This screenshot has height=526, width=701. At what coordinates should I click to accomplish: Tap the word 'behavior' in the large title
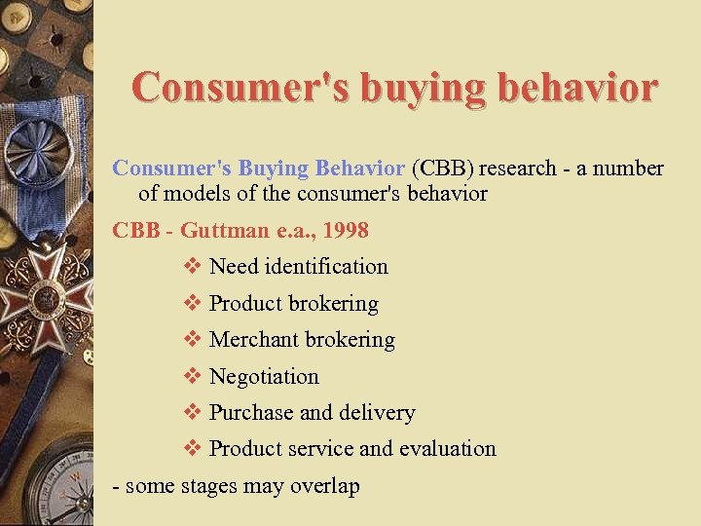coord(578,87)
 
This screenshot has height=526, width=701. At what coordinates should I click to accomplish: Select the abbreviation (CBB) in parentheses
coord(443,169)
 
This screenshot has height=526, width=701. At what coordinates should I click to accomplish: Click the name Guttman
coord(227,230)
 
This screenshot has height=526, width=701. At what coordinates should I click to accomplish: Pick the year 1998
coord(346,230)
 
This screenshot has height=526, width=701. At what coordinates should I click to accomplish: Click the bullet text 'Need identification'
coord(298,267)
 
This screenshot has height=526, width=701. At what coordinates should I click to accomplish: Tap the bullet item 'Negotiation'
coord(264,376)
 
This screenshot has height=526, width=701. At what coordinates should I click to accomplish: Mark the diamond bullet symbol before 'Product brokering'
coord(192,304)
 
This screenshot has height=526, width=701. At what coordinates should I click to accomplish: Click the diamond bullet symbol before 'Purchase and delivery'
coord(192,413)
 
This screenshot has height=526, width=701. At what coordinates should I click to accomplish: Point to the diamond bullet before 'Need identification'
coord(192,267)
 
